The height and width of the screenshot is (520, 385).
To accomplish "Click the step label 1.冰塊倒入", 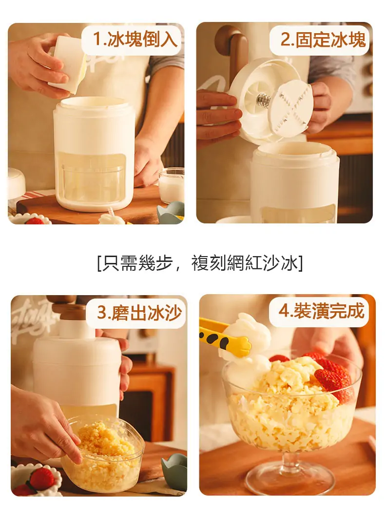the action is pos(135,40).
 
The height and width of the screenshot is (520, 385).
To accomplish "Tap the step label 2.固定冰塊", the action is pos(323,40).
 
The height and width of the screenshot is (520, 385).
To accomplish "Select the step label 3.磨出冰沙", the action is pos(139,312).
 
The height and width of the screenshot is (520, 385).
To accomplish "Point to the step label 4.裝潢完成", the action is pos(321,310).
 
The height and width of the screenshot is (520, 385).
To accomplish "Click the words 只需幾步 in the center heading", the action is pos(137,263).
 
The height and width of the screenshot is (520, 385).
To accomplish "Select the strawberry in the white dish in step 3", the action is pos(42,478).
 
